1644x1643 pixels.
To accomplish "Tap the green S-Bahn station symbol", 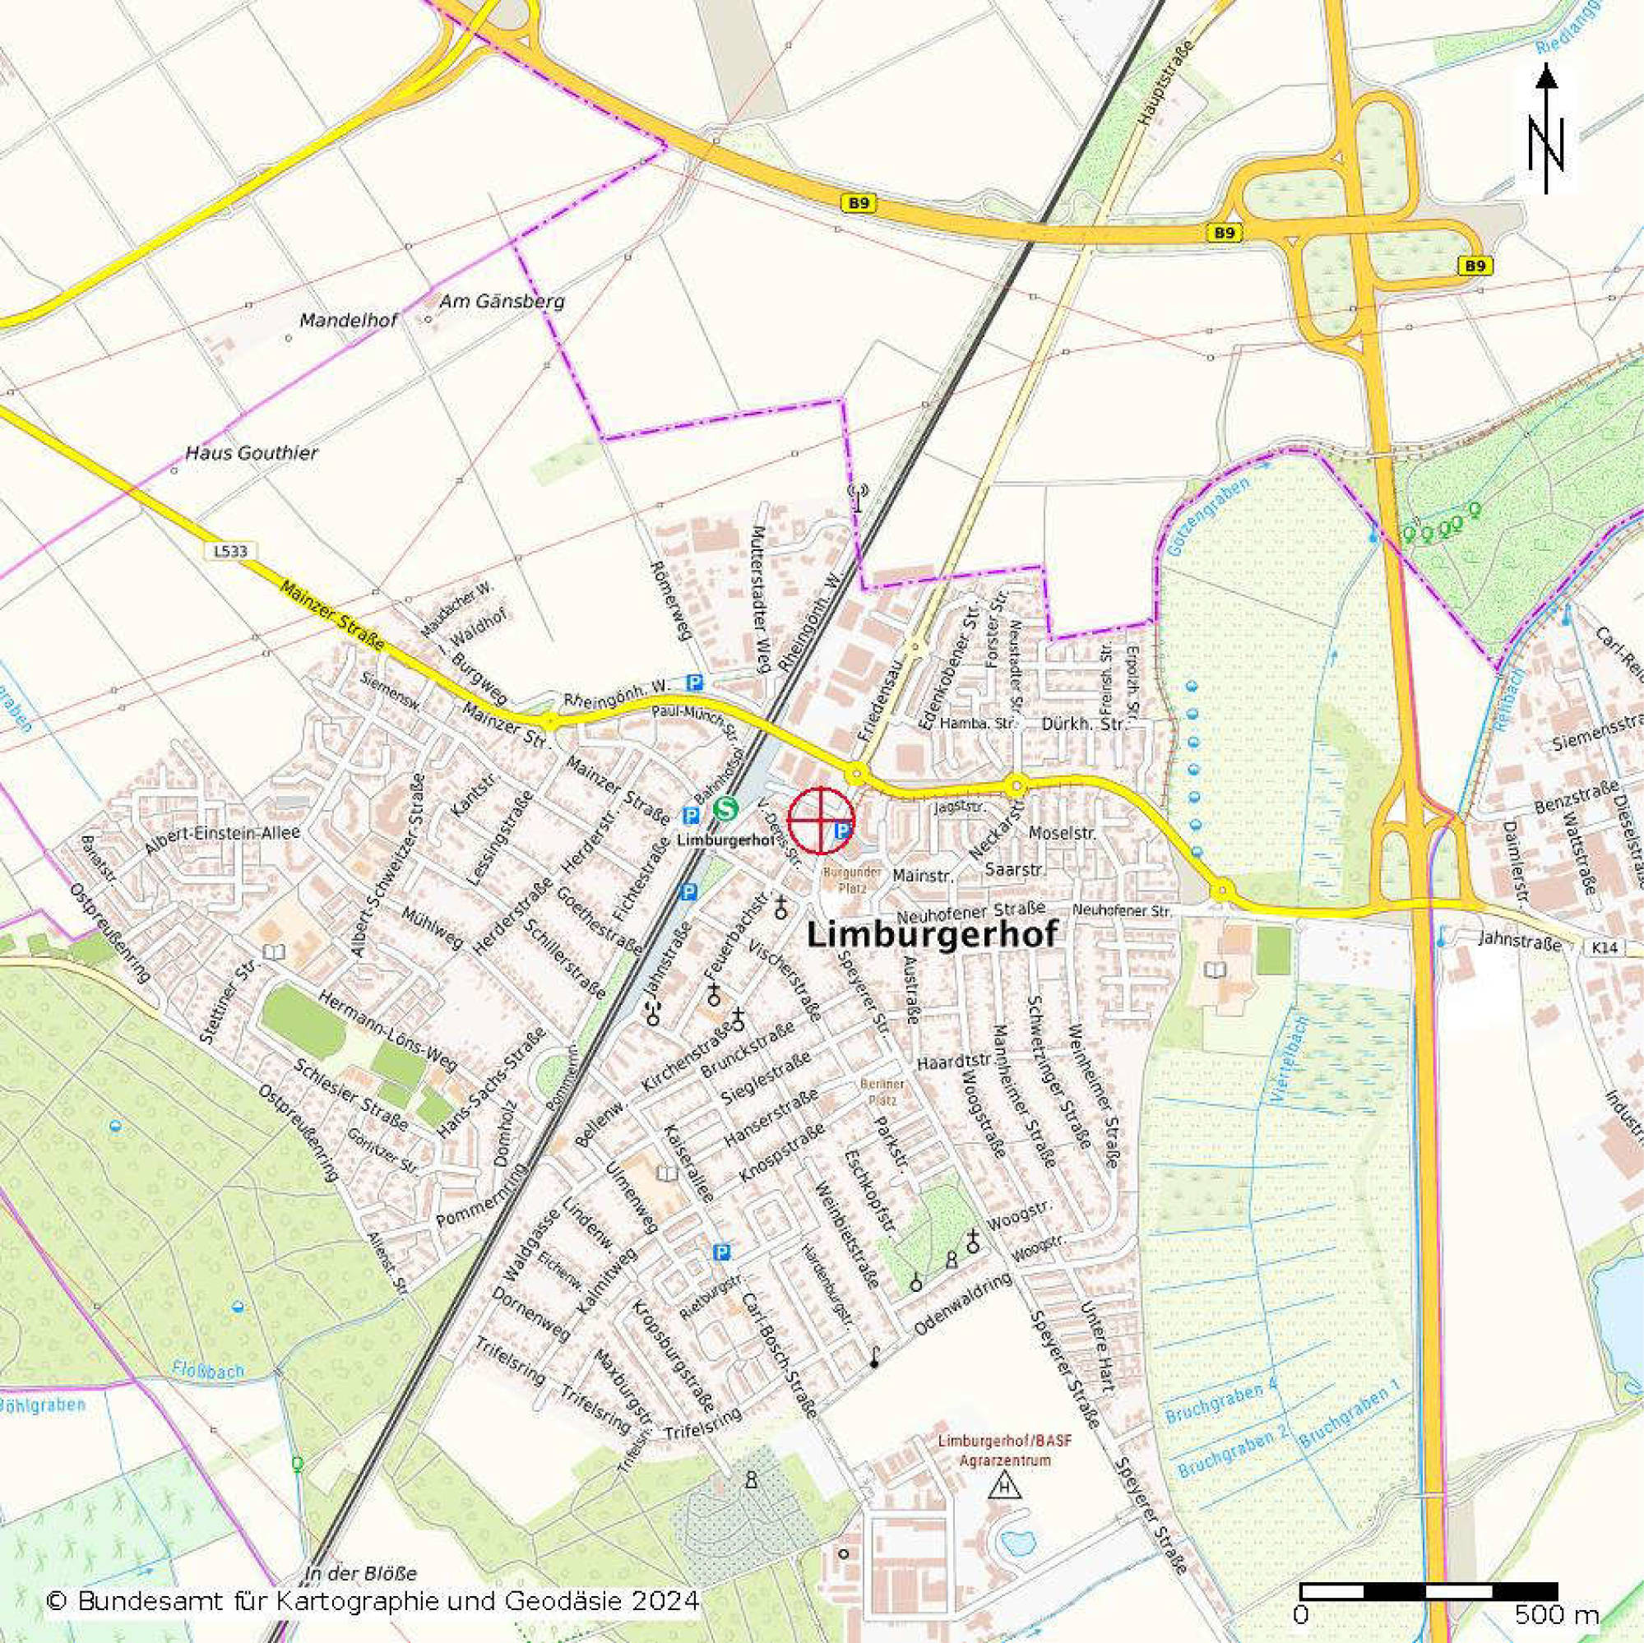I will (x=725, y=808).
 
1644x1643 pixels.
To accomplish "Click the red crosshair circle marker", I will (x=819, y=820).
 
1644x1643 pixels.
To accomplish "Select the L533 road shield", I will (x=230, y=550).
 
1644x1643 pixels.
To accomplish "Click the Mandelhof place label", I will (x=349, y=321).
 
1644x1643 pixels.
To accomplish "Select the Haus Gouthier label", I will (x=252, y=452).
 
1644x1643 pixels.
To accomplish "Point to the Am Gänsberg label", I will (x=501, y=301).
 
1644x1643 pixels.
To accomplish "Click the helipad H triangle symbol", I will (x=1007, y=1488).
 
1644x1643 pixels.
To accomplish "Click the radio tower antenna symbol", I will (x=859, y=496).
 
